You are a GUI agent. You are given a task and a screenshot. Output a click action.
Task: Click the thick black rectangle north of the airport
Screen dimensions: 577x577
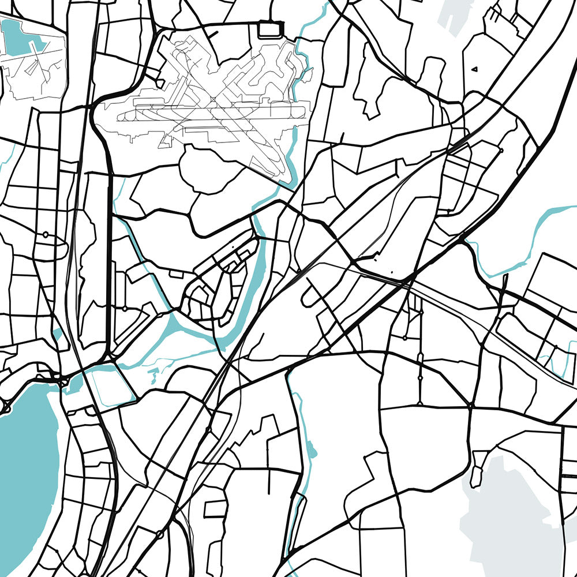pos(268,29)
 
